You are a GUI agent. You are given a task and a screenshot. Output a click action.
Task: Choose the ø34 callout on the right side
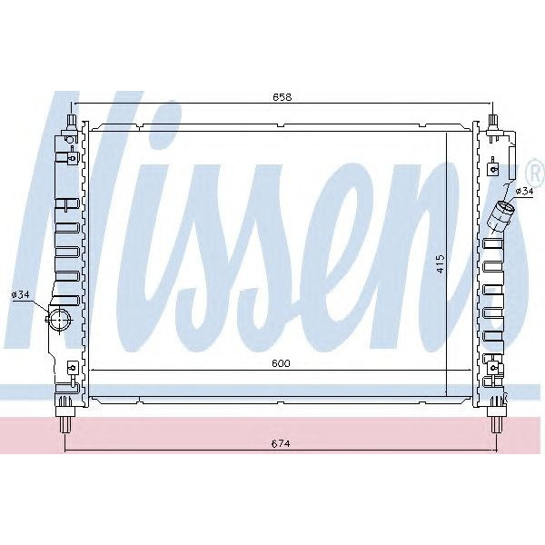click(x=524, y=191)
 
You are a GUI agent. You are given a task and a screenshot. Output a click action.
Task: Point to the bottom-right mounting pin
click(x=498, y=420)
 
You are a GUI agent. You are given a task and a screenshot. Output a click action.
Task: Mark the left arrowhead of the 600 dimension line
click(x=92, y=370)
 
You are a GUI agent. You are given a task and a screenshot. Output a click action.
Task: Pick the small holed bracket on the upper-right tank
click(x=492, y=168)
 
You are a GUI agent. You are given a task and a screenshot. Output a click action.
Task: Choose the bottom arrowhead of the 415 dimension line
click(x=447, y=392)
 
